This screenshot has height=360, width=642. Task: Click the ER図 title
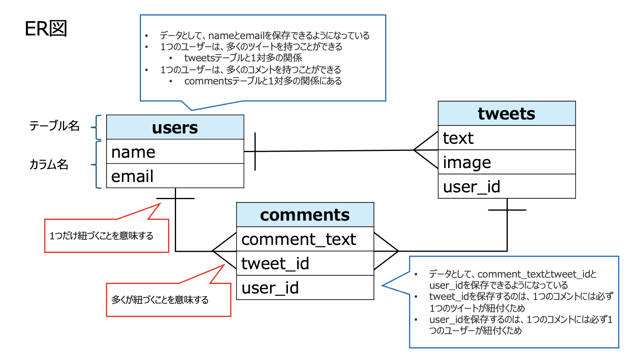point(46,29)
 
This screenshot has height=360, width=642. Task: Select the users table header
point(175,127)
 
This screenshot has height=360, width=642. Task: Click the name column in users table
point(175,152)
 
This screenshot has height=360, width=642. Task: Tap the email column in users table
point(175,176)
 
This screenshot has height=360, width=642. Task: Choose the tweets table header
point(507,114)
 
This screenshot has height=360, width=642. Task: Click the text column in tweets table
point(507,138)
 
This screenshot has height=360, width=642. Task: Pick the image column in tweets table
point(507,162)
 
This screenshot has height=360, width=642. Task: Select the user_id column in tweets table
point(507,187)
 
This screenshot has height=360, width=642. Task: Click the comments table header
point(305,215)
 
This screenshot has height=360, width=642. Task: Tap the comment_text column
point(305,239)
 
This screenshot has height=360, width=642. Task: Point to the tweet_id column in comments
point(305,264)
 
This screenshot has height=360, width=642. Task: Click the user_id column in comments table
point(305,288)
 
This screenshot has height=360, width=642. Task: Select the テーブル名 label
point(55,126)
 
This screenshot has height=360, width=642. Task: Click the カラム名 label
point(49,164)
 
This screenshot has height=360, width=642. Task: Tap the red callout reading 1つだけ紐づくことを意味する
point(106,236)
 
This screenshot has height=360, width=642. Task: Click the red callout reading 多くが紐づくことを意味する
point(168,300)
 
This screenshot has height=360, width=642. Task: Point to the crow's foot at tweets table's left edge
point(426,150)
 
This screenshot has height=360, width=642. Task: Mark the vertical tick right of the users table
point(255,151)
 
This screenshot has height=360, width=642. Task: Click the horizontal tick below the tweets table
point(507,210)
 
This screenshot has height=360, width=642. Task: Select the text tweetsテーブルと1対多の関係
point(243,58)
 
